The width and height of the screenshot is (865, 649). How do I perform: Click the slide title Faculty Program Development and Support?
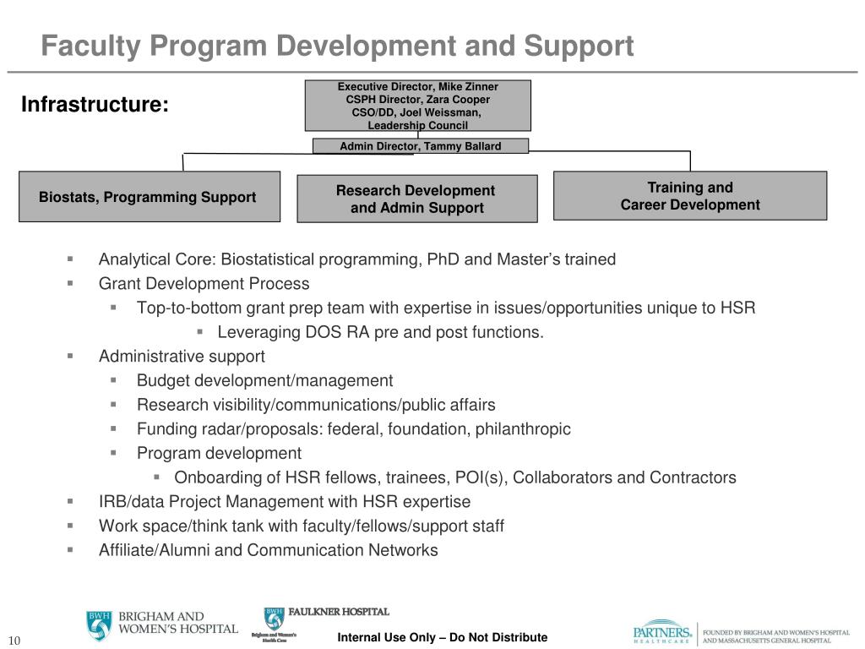(x=337, y=46)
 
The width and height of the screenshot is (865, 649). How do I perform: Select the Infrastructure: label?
(x=95, y=105)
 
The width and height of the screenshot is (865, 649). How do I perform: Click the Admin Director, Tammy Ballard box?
(x=420, y=146)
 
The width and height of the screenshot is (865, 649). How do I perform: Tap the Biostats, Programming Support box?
(x=149, y=197)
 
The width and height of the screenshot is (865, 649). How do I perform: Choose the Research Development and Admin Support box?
(x=416, y=199)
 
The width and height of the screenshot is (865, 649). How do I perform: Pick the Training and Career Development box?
(x=689, y=196)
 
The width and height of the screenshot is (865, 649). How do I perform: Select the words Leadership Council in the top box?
(x=417, y=125)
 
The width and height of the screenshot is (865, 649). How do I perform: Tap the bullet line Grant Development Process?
(x=204, y=284)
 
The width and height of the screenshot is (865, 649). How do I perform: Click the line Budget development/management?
(x=264, y=380)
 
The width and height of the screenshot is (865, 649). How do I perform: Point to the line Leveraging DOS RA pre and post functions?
(x=380, y=332)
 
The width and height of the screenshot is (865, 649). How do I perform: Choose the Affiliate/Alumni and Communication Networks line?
(x=268, y=550)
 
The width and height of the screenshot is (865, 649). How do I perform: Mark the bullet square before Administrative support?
(x=70, y=356)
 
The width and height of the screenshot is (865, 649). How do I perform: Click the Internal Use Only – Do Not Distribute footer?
(x=442, y=637)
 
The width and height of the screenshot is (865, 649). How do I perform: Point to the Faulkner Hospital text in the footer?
(x=339, y=612)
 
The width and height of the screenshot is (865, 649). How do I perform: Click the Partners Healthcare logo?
(x=663, y=633)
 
